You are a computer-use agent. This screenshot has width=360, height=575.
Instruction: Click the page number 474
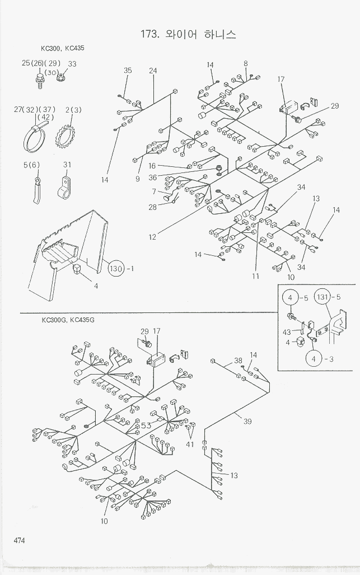click(x=19, y=540)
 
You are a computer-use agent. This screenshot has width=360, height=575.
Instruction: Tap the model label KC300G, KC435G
click(x=68, y=320)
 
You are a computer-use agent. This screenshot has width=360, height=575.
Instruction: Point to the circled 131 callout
click(x=323, y=297)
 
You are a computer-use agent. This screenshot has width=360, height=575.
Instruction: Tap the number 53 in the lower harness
click(x=146, y=426)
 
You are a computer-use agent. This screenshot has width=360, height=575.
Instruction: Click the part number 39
click(x=247, y=422)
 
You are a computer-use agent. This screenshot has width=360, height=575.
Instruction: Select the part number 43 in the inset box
click(x=287, y=332)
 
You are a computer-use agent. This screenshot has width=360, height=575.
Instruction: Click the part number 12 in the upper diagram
click(x=152, y=237)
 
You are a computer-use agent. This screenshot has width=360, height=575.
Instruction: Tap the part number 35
click(x=128, y=71)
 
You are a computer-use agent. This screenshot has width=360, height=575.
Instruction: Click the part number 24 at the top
click(x=153, y=71)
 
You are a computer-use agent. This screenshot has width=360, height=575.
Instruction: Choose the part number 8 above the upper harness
click(x=245, y=64)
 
